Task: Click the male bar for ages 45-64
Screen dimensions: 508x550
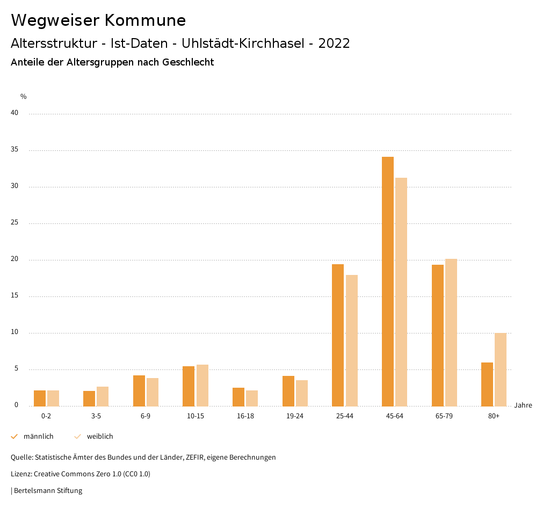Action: tap(388, 281)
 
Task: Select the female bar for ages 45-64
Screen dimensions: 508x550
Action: tap(401, 292)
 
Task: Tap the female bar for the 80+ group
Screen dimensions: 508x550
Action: tap(501, 369)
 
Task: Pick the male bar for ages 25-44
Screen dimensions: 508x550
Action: tap(338, 335)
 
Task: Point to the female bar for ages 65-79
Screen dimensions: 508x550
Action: tap(451, 332)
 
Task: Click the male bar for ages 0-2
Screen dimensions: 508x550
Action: tap(40, 398)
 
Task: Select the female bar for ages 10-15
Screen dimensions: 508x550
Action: tap(202, 385)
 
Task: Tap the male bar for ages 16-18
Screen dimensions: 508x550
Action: tap(238, 397)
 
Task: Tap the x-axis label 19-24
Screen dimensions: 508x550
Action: tap(295, 416)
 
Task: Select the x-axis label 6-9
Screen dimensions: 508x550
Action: tap(146, 416)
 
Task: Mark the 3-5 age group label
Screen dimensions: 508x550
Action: tap(96, 416)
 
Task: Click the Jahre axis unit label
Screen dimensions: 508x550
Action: tap(523, 405)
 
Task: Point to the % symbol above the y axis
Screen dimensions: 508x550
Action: tap(24, 97)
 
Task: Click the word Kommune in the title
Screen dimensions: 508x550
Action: tap(145, 20)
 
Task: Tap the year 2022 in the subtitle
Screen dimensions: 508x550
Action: tap(334, 43)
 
